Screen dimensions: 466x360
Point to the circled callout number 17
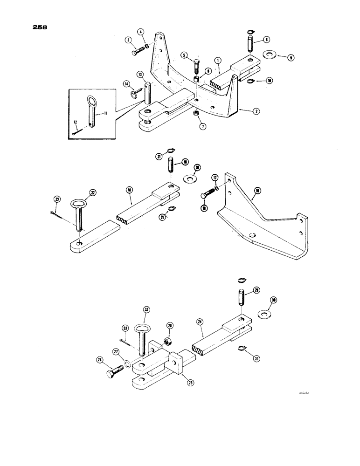pyautogui.click(x=215, y=178)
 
